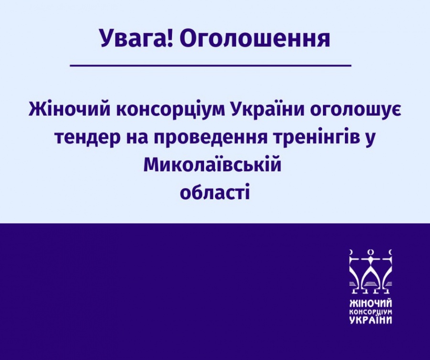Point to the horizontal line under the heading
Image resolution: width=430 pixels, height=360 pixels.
tap(211, 65)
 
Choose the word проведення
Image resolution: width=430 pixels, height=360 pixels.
tap(210, 138)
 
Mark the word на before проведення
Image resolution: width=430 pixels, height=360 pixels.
tap(136, 140)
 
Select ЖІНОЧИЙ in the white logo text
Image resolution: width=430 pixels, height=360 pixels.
tap(371, 304)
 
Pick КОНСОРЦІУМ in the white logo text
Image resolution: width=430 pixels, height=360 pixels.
tap(371, 312)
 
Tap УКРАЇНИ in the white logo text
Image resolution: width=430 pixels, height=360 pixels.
tap(371, 319)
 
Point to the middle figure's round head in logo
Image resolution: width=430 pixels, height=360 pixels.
tap(371, 252)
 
